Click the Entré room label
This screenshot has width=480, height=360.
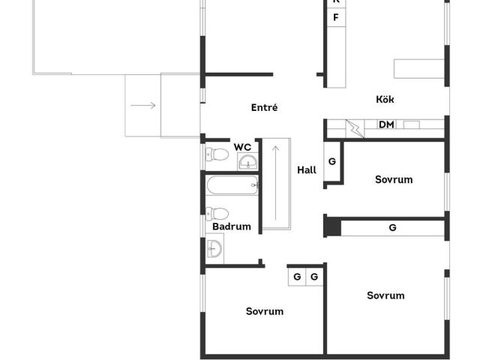click(264, 107)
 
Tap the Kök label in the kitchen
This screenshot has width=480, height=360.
click(385, 99)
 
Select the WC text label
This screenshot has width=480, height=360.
click(242, 147)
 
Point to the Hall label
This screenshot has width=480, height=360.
click(307, 170)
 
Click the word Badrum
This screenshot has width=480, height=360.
click(232, 226)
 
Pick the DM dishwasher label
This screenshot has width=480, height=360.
click(386, 124)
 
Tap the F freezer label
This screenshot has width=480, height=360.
click(336, 17)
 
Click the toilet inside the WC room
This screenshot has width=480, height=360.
click(217, 154)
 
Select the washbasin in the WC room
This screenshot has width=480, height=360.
click(248, 161)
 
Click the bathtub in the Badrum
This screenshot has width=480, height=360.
click(232, 185)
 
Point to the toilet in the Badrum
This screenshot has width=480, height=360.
click(217, 214)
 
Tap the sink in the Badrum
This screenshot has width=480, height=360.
click(214, 248)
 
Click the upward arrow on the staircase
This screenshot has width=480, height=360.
click(275, 183)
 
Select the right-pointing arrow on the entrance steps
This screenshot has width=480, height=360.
click(143, 106)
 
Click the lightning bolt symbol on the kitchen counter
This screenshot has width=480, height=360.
click(355, 128)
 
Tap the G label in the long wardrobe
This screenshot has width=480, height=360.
click(392, 227)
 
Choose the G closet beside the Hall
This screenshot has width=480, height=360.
click(332, 161)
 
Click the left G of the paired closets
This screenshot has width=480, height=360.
click(297, 277)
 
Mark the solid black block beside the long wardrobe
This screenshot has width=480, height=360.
click(332, 226)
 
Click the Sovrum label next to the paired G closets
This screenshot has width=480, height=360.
click(265, 311)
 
